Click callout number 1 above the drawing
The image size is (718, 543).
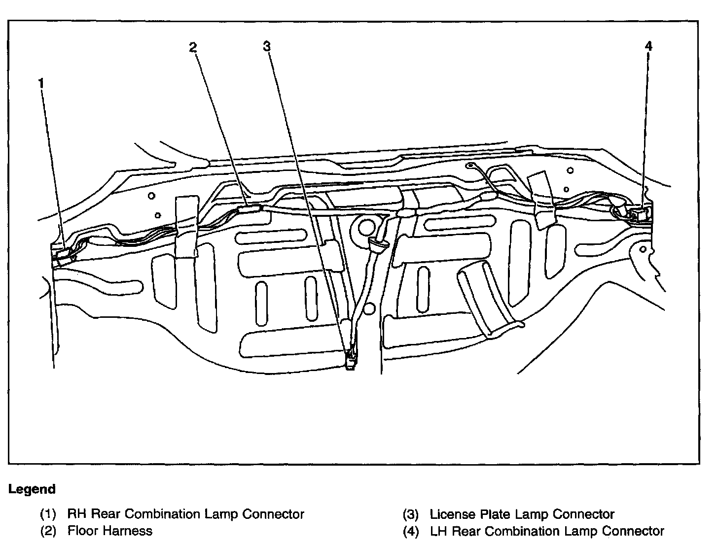pos(41,84)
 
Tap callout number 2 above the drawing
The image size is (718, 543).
pos(193,47)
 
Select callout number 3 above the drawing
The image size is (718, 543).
pos(267,46)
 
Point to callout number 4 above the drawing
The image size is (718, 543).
pos(648,46)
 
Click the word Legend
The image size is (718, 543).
pos(32,489)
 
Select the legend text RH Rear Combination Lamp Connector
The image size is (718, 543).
pos(186,514)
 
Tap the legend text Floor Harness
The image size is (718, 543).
pos(110,531)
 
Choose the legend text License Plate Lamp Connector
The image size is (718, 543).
pos(522,514)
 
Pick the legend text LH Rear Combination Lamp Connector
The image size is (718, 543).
pos(547,531)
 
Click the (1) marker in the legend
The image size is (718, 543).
pos(48,514)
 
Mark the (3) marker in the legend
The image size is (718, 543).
pos(411,514)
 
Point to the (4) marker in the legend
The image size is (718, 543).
pos(411,531)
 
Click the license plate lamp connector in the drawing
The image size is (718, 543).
pos(350,360)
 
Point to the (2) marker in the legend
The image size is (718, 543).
pos(48,531)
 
